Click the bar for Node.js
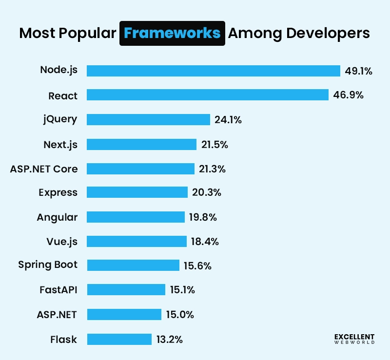[x=213, y=71]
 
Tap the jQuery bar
[x=148, y=119]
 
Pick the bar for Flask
[x=119, y=339]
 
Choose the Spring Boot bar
[x=133, y=265]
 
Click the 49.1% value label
[x=358, y=71]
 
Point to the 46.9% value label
[x=348, y=95]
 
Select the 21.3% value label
[x=212, y=169]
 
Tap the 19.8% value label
[x=203, y=217]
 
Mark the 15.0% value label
[x=180, y=315]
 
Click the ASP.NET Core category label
[x=44, y=169]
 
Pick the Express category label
[x=58, y=192]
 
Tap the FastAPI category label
[x=58, y=290]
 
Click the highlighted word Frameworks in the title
[x=172, y=33]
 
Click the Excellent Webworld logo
[x=354, y=339]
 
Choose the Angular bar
[x=136, y=217]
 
